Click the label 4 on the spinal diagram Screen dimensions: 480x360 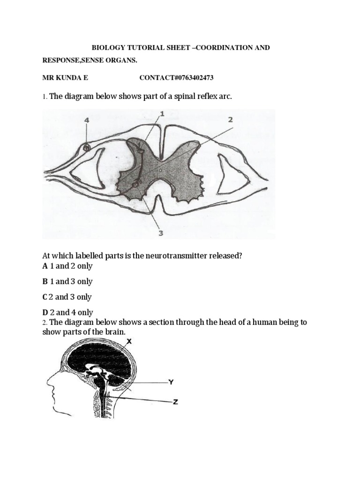click(x=86, y=120)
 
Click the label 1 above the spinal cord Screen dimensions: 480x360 click(x=162, y=114)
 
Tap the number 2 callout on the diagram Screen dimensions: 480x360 click(x=230, y=120)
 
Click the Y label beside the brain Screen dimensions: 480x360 click(x=171, y=382)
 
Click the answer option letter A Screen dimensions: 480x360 click(x=45, y=266)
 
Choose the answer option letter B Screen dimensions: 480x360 click(x=45, y=282)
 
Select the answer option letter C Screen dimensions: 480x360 click(x=45, y=297)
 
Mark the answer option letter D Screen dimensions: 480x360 click(x=45, y=313)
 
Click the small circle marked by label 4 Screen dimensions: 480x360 click(x=86, y=148)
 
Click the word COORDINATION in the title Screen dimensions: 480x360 click(x=226, y=48)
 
